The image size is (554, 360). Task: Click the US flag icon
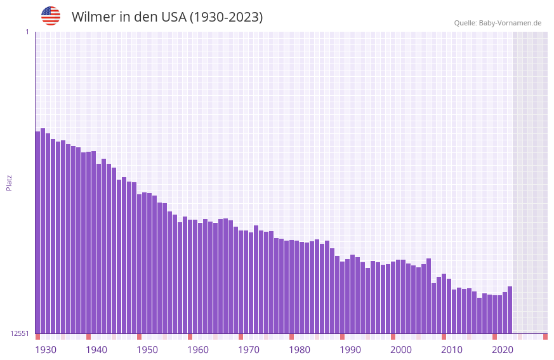[51, 16]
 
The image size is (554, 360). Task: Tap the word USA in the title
[173, 17]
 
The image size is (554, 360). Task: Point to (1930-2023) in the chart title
[226, 17]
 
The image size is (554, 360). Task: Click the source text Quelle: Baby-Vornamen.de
[498, 23]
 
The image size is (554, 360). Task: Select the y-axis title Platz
[9, 182]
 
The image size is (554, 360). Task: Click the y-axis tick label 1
[27, 32]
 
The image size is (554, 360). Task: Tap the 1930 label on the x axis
[46, 350]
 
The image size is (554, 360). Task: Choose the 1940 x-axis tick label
[96, 350]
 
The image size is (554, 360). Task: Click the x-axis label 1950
[147, 350]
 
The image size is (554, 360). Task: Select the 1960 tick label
[198, 350]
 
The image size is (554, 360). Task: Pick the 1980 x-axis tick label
[300, 350]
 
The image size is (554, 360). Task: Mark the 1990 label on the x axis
[350, 350]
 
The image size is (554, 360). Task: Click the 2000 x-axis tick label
[401, 350]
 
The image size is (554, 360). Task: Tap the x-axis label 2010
[452, 350]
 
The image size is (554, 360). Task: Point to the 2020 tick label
[503, 350]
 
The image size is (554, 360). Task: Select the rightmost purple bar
[510, 310]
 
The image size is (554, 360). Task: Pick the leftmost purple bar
[37, 232]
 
